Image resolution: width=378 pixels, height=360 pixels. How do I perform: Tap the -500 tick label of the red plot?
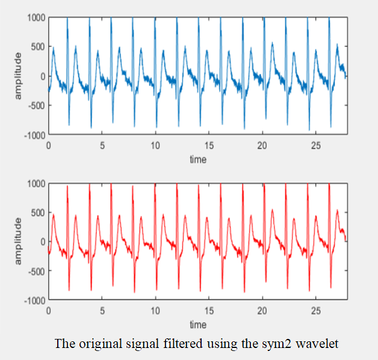[37, 270]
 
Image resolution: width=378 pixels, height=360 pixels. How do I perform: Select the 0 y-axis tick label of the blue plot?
[43, 76]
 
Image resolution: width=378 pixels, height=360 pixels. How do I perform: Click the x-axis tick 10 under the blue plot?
[155, 145]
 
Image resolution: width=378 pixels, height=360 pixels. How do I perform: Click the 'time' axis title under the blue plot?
[197, 160]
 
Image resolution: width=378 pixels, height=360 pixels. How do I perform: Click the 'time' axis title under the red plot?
[197, 325]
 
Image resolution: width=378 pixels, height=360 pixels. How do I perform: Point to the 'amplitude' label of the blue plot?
[19, 76]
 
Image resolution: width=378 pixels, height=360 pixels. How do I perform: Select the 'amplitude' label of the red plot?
[19, 241]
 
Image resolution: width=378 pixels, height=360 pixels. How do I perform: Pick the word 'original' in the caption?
[95, 344]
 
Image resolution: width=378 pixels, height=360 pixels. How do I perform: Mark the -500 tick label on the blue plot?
[37, 105]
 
